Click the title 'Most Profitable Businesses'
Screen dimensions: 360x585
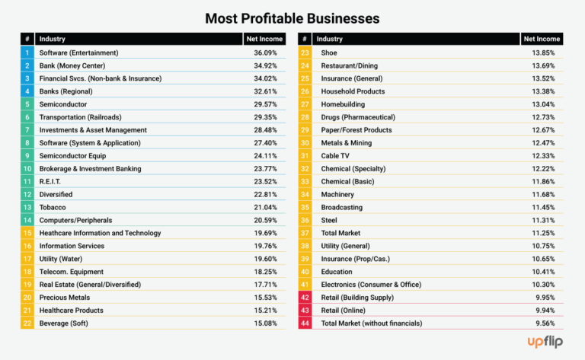pyautogui.click(x=292, y=16)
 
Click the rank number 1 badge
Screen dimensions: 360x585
pyautogui.click(x=27, y=53)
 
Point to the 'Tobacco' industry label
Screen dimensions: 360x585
pyautogui.click(x=53, y=207)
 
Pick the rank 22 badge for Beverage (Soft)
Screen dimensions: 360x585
pyautogui.click(x=27, y=323)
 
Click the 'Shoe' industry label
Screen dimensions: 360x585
pyautogui.click(x=329, y=53)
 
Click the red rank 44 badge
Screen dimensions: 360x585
pyautogui.click(x=305, y=323)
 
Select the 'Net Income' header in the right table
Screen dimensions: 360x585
pyautogui.click(x=542, y=39)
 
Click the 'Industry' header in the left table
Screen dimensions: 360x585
pyautogui.click(x=53, y=39)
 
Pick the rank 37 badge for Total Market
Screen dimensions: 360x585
pyautogui.click(x=305, y=233)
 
